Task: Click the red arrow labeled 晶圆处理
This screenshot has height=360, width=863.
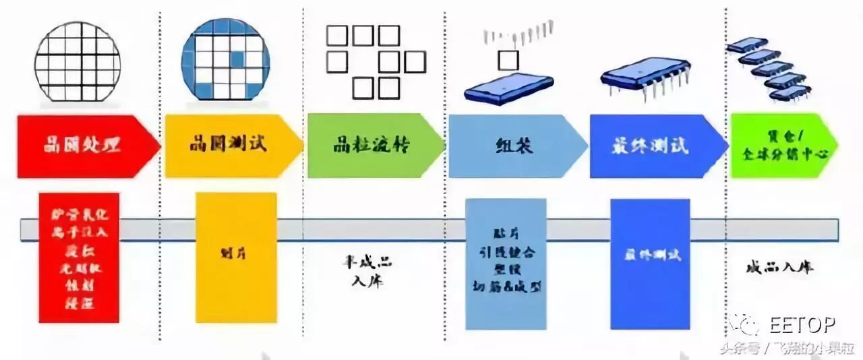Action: click(84, 146)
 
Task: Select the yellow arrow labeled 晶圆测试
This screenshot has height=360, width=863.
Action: click(229, 146)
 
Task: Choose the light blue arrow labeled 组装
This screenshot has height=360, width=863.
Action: click(512, 146)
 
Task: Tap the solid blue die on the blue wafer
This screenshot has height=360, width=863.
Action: click(237, 59)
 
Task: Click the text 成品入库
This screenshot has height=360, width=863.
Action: click(779, 267)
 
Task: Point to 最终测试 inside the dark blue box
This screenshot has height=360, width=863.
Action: click(650, 256)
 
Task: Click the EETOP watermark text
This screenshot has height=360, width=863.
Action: click(802, 326)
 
